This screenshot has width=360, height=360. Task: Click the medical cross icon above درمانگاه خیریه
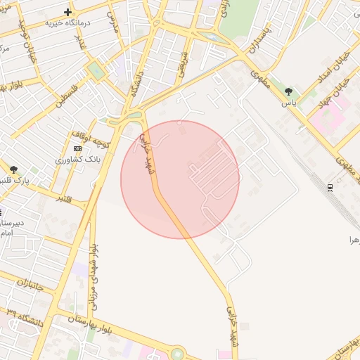click(x=67, y=12)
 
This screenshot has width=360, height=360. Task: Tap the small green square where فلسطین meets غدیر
click(x=95, y=70)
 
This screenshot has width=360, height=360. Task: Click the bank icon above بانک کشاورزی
click(x=77, y=148)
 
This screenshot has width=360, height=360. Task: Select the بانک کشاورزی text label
click(x=79, y=160)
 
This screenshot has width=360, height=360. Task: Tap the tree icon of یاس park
click(x=288, y=91)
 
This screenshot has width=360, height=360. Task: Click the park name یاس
click(x=289, y=103)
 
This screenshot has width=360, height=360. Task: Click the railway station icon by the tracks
click(x=330, y=188)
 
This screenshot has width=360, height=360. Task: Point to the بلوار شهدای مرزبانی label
click(x=94, y=278)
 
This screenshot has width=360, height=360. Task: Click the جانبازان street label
click(x=30, y=284)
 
